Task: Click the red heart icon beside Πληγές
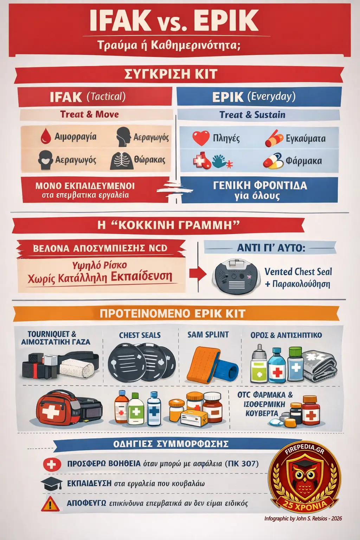point(201,138)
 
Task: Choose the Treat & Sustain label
point(252,115)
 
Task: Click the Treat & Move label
point(89,114)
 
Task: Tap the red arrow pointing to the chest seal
point(198,274)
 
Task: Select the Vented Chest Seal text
point(298,272)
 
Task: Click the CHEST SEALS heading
point(140,335)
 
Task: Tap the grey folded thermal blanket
point(318,366)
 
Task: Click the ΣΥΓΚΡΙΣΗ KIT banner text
point(171,74)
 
